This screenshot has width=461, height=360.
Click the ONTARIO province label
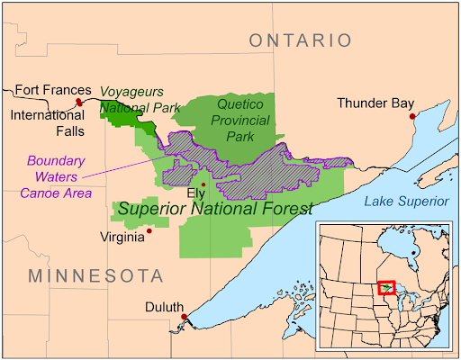[x=300, y=40]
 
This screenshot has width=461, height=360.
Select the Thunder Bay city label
[x=375, y=103]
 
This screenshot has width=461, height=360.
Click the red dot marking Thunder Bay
[x=412, y=116]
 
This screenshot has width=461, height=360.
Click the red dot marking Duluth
[x=184, y=317]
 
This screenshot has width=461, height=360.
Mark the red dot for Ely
[x=203, y=184]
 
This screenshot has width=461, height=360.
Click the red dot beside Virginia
[x=149, y=230]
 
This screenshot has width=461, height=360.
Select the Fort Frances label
[x=53, y=90]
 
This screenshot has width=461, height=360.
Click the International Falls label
[x=47, y=123]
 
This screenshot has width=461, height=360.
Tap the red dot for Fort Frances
[x=79, y=102]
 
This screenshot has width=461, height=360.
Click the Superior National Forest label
[x=216, y=209]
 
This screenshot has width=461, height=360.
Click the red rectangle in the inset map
[x=387, y=287]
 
